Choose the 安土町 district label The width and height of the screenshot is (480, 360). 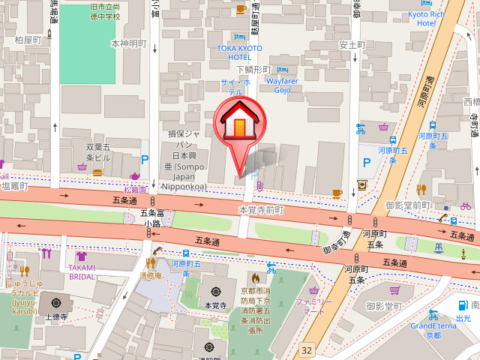point(351,44)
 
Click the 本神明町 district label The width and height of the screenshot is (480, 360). point(128,43)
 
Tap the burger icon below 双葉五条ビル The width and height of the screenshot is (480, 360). point(97,171)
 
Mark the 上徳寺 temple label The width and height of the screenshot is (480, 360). point(56,316)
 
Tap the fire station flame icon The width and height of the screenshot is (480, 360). point(255,279)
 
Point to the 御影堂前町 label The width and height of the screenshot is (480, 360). point(407,205)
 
